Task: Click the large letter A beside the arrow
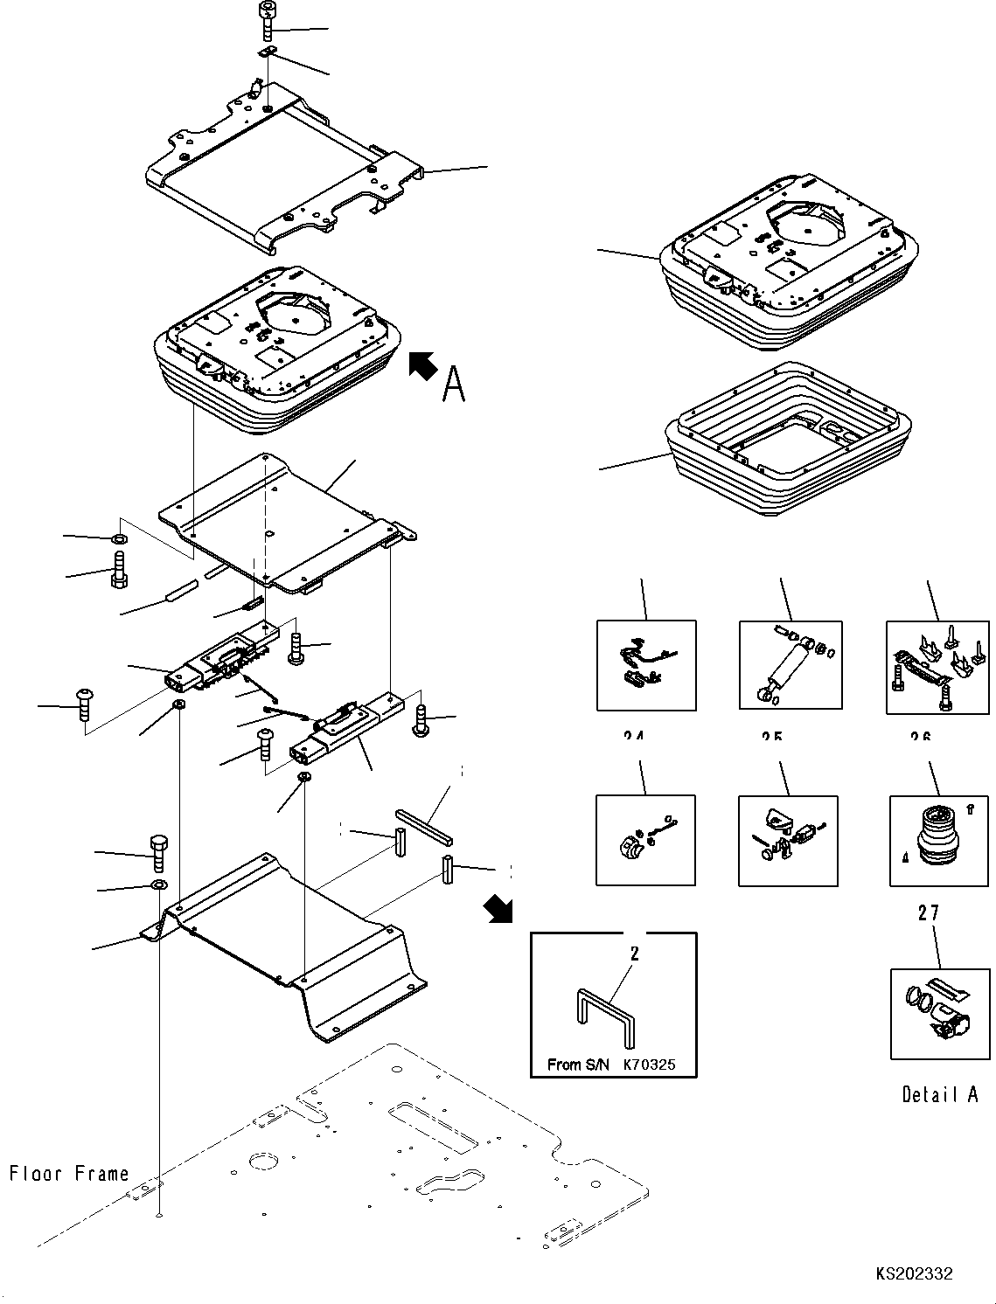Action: click(x=453, y=384)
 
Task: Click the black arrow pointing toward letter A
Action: click(x=423, y=365)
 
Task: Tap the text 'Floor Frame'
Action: click(x=69, y=1173)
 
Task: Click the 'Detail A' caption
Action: click(x=940, y=1094)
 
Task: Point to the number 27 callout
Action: click(x=929, y=913)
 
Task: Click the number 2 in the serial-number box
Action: click(x=635, y=953)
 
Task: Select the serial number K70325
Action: click(x=649, y=1065)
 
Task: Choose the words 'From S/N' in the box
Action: click(x=576, y=1065)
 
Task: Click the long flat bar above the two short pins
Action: click(x=424, y=827)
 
